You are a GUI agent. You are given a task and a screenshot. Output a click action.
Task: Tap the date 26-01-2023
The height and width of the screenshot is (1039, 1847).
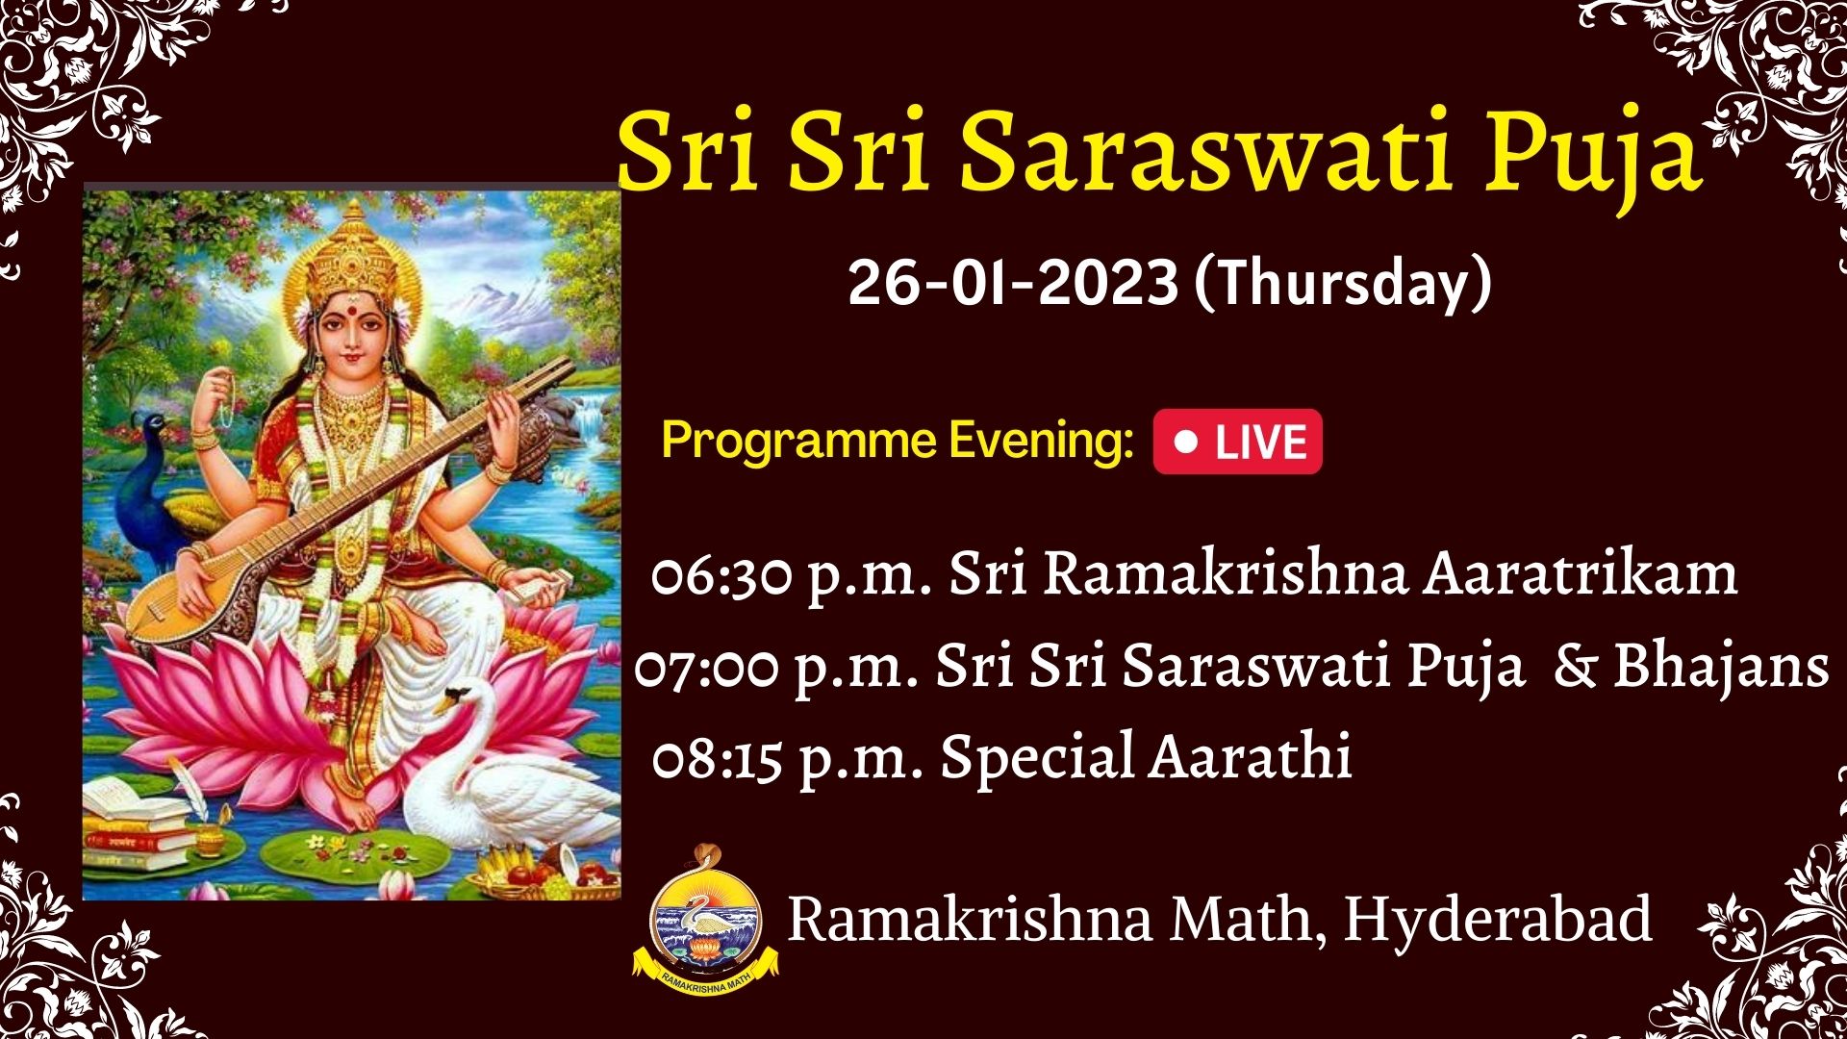[1013, 283]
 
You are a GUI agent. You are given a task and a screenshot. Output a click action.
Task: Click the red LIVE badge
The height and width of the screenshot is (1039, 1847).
[1238, 442]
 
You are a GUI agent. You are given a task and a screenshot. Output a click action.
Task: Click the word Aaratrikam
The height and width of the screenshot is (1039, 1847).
[1581, 573]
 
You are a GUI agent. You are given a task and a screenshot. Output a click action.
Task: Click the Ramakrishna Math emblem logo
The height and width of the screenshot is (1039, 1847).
[706, 921]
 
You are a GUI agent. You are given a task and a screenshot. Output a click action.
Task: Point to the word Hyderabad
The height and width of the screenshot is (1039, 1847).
[1498, 919]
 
